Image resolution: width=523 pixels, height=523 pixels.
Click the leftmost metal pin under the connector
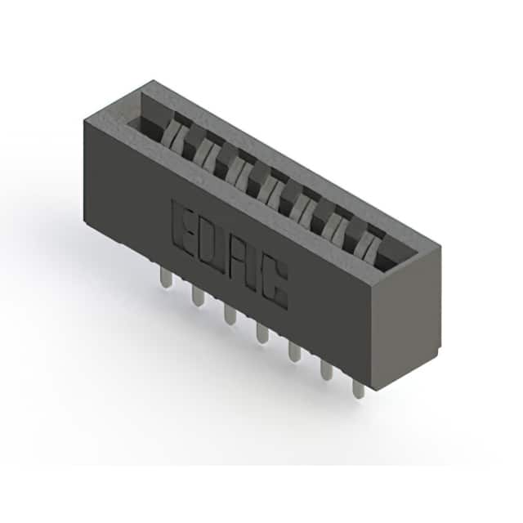point(166,278)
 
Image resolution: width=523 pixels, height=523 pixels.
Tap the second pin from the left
point(198,296)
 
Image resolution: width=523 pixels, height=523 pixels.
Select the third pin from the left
point(230,314)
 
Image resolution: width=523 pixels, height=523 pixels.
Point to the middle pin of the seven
point(262,333)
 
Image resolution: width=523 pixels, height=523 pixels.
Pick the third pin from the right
point(294,351)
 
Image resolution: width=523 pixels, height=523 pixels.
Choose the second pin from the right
point(327,370)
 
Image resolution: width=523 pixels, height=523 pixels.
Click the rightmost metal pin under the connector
point(359,388)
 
